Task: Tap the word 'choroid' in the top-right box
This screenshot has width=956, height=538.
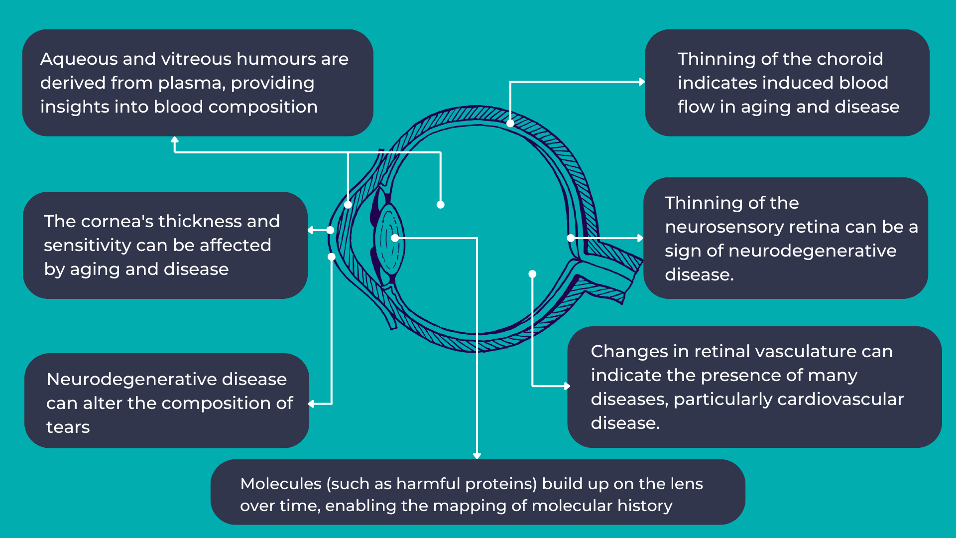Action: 850,59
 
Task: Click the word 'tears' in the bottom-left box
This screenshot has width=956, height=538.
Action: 68,427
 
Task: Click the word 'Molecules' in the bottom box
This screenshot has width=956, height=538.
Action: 281,484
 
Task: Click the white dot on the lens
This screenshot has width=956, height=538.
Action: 395,238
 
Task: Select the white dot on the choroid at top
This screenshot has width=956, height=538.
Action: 510,123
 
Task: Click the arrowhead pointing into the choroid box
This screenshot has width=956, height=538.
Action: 642,82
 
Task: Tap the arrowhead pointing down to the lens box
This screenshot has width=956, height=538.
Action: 477,456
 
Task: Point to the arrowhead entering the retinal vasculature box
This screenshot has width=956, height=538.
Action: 567,386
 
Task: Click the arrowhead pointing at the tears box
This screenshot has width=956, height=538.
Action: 311,403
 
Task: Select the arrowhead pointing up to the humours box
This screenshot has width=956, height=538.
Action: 174,139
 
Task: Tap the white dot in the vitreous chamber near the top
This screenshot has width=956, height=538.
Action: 440,205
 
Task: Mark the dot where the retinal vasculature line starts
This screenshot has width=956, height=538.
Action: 532,274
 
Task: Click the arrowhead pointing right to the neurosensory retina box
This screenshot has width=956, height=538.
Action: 641,238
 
